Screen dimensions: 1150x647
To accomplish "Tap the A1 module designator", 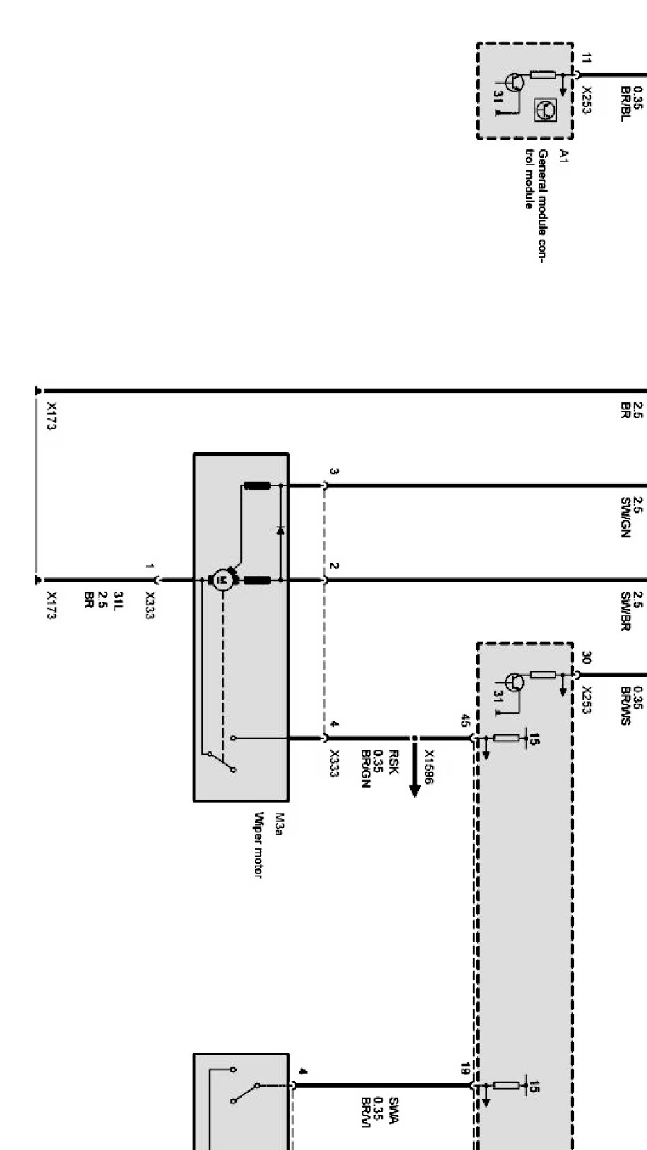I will coord(564,156).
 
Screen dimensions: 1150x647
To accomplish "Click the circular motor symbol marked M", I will coord(221,580).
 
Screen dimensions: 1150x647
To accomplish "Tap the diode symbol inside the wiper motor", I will coord(280,531).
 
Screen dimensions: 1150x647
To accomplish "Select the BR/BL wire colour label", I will coord(625,104).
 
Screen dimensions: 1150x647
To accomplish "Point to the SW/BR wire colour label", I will coord(625,611).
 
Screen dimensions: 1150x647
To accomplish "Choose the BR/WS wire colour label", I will coord(625,707).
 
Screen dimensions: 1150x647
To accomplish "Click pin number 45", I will coord(465,721).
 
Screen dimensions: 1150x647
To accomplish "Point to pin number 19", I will coord(465,1069).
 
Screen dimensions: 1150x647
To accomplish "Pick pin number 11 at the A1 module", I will coord(587,58).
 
